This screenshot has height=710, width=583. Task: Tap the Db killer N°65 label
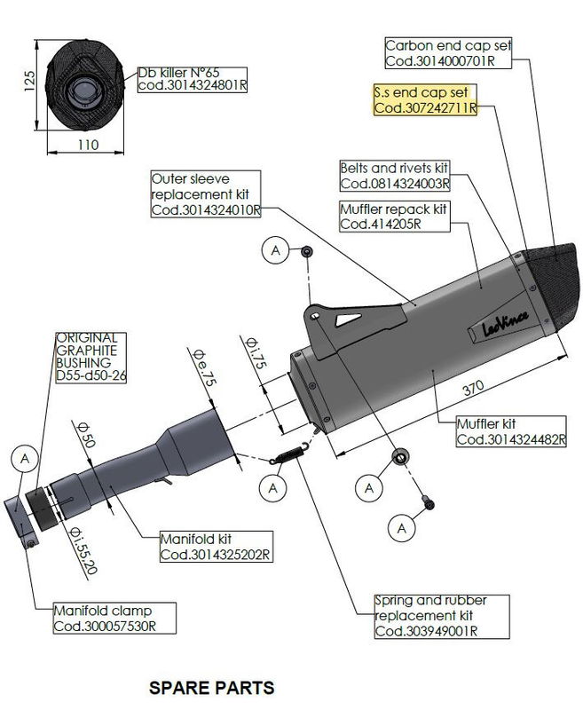click(x=191, y=80)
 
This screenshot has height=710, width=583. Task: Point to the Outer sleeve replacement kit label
click(x=205, y=193)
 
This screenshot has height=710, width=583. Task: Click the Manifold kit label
click(x=215, y=547)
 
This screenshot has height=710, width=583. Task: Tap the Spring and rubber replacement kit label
click(x=430, y=616)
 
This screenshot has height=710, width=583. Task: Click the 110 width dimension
click(x=86, y=145)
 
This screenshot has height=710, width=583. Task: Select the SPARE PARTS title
click(x=211, y=688)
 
